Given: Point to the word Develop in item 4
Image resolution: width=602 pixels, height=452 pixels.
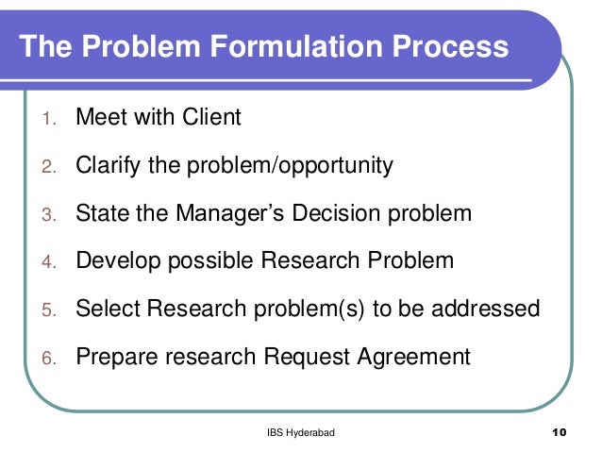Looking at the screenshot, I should (x=115, y=261).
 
